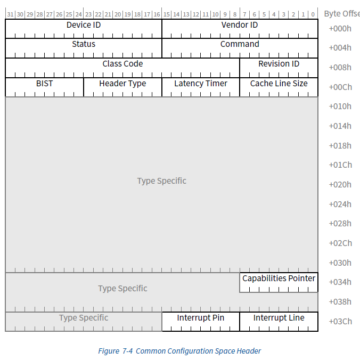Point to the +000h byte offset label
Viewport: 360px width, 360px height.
tap(340, 28)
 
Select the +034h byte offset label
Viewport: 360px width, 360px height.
tap(340, 282)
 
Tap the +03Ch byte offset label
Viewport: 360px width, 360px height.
tap(340, 321)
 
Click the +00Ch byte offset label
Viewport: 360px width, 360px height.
tap(340, 87)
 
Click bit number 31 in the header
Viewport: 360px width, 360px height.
tap(10, 14)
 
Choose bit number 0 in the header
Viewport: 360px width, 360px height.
tap(313, 14)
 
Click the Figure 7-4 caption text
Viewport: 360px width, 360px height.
tap(179, 351)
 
